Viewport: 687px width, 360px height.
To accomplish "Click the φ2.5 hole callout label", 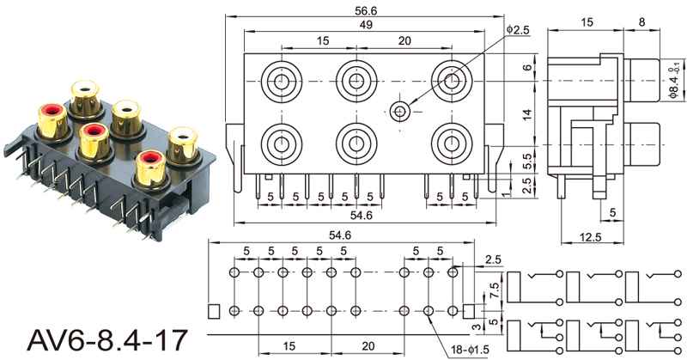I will tap(518, 30).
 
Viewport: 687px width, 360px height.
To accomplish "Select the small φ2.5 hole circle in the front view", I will tap(399, 110).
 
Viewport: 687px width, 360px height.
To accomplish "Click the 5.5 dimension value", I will tap(527, 159).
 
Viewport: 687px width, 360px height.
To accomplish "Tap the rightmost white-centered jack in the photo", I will tap(182, 141).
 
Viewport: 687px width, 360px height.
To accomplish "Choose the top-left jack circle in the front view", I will tap(281, 82).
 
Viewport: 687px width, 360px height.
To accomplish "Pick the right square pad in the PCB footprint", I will tap(469, 310).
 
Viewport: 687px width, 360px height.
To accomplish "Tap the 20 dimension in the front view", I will tap(404, 41).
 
